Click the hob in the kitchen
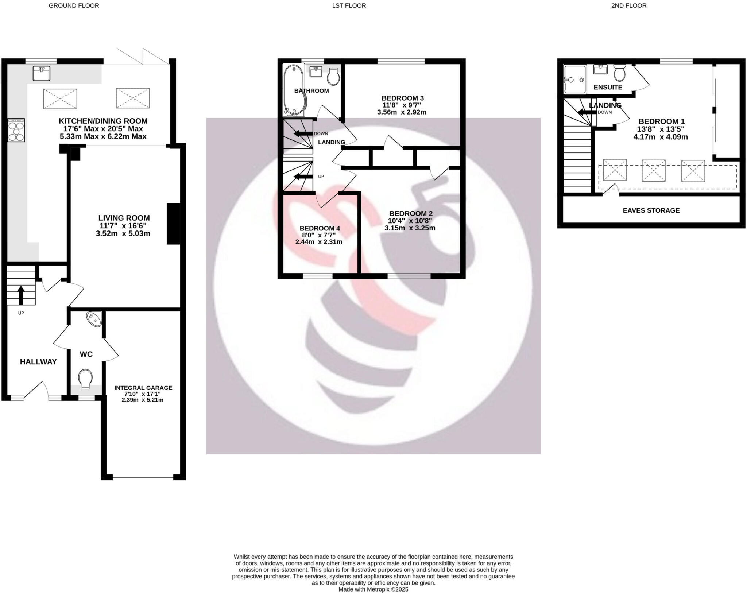click(16, 130)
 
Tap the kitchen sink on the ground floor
click(41, 73)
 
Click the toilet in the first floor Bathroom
click(333, 77)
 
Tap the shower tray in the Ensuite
click(574, 80)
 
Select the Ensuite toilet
click(619, 73)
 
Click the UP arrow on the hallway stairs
click(21, 295)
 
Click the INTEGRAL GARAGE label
click(143, 388)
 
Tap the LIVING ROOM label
click(124, 218)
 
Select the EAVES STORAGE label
click(651, 210)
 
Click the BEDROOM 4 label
click(320, 228)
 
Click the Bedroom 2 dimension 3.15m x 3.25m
click(410, 228)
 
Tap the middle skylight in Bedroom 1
click(653, 170)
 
